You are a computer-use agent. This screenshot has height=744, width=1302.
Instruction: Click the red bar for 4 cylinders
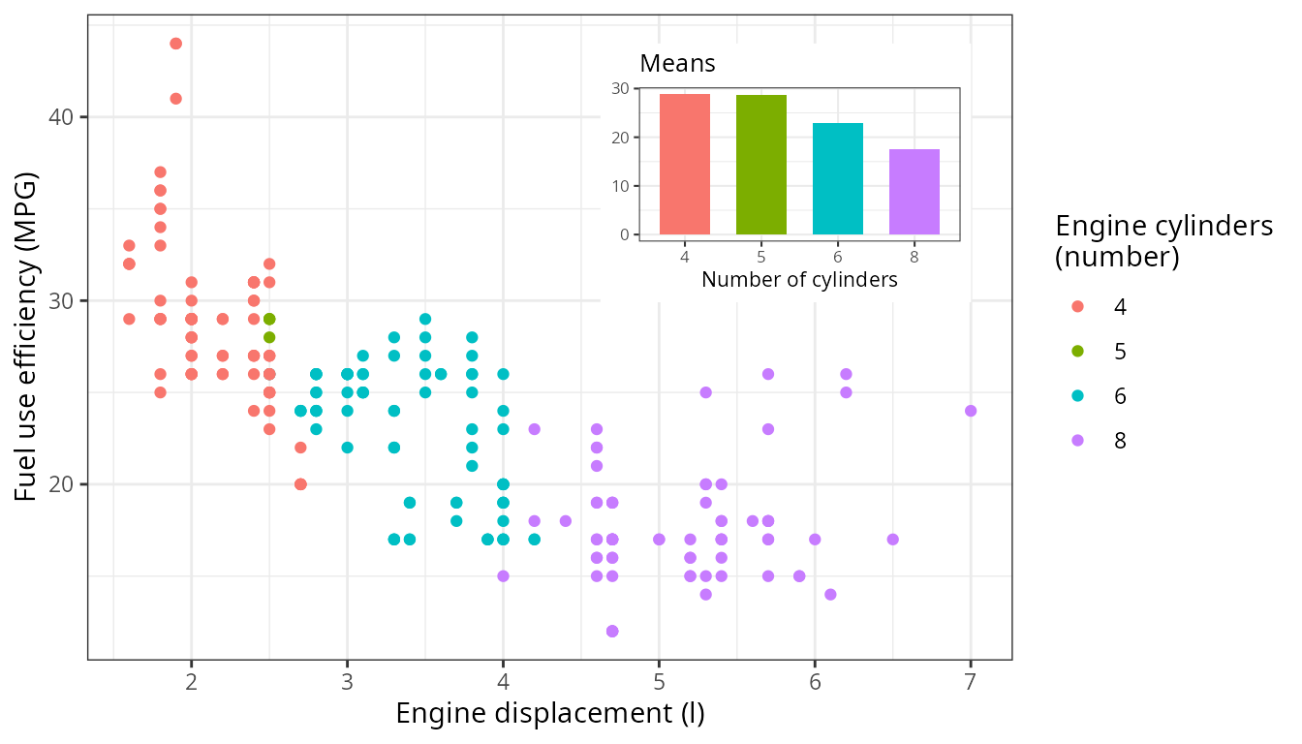click(684, 165)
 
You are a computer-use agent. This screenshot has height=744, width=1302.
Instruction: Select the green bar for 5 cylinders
click(760, 165)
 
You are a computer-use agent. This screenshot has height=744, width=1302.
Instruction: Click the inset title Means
click(677, 64)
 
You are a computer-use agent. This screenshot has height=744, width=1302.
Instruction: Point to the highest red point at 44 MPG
click(175, 44)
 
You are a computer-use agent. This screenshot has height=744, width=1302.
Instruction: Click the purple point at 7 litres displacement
click(971, 411)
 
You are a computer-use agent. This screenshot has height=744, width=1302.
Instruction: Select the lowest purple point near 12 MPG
click(612, 631)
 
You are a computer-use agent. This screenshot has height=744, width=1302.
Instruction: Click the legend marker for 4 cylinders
click(1078, 306)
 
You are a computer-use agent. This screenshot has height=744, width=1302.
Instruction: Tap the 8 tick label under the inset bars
click(914, 258)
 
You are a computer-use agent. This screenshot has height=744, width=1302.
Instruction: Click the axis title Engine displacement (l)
click(550, 714)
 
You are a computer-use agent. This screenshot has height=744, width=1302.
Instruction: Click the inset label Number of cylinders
click(799, 280)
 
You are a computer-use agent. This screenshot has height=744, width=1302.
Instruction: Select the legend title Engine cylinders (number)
click(1162, 241)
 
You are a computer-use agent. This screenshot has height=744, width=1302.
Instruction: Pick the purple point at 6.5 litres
click(892, 540)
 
